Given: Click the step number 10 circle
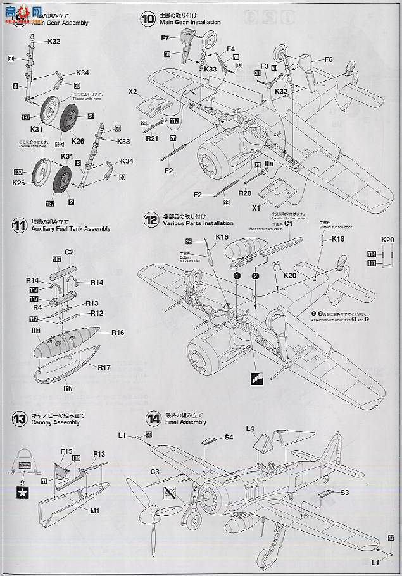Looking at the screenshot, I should click(148, 19).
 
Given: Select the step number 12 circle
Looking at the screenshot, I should click(151, 220).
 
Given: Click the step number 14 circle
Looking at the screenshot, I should click(153, 419).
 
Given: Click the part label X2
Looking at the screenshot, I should click(133, 91).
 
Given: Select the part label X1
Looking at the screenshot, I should click(256, 207).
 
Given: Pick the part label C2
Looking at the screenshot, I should click(70, 252).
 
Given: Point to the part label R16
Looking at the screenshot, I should click(117, 332).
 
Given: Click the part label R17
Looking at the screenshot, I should click(104, 367).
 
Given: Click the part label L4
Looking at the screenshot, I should click(251, 429).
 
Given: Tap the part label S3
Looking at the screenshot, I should click(344, 492).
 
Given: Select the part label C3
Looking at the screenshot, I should click(154, 471).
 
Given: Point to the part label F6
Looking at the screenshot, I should click(328, 59).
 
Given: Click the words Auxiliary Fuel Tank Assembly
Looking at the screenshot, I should click(70, 229).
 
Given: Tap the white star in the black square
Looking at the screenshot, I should click(18, 487).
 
